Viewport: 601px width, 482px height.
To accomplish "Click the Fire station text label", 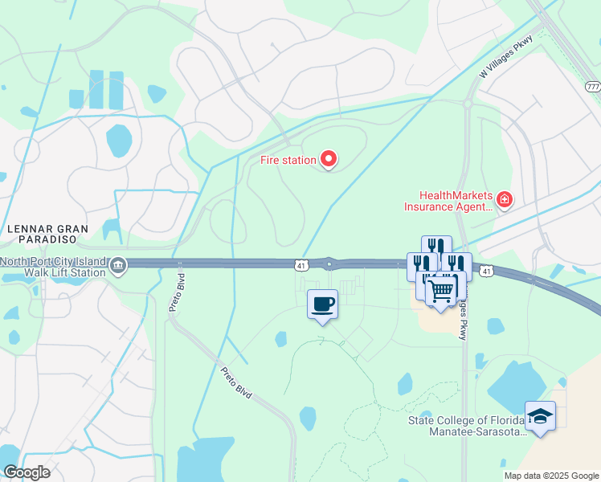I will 288,160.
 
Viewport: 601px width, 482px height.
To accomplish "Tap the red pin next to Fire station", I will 329,160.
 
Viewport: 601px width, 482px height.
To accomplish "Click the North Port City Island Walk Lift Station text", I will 53,267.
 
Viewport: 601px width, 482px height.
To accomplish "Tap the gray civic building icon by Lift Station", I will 118,266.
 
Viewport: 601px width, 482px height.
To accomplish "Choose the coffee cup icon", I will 322,304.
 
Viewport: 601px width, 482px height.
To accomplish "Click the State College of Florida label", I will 466,426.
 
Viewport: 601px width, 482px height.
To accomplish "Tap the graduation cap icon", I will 540,416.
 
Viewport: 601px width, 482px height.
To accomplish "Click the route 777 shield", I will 592,86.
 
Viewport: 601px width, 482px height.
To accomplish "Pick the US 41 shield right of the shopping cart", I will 486,273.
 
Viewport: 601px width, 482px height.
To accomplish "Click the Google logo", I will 27,472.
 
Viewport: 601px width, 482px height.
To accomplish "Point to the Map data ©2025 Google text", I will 551,476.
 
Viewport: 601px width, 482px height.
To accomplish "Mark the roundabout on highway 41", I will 329,263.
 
